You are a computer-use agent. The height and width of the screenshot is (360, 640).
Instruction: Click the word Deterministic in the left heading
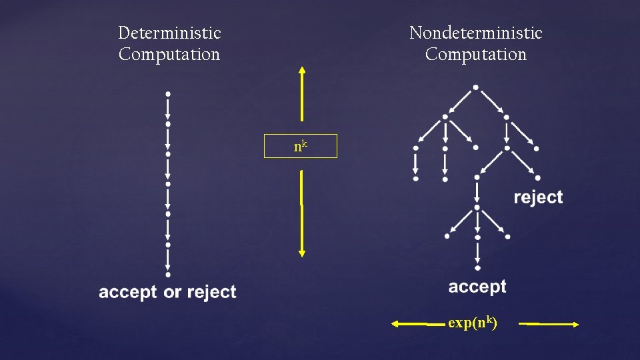tap(169, 33)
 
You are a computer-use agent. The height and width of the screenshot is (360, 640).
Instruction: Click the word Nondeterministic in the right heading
tap(475, 33)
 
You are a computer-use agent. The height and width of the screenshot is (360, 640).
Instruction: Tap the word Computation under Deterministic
tap(169, 55)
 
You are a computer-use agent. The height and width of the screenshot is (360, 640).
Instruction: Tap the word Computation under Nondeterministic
tap(475, 55)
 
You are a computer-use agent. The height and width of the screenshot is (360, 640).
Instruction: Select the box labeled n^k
tap(301, 146)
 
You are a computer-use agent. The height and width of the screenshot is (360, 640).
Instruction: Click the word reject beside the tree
tap(538, 197)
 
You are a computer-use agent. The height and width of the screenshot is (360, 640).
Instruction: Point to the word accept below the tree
tap(477, 287)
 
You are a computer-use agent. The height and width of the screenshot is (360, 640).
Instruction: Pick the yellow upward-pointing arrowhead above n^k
tap(302, 71)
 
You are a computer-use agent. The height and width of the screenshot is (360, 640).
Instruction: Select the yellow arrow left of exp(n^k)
tap(418, 324)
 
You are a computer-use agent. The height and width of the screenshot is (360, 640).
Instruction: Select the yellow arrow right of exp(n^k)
tap(549, 324)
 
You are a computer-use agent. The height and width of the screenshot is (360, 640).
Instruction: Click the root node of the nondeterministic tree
tap(475, 87)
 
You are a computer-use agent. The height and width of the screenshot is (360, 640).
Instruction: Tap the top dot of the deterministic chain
tap(168, 93)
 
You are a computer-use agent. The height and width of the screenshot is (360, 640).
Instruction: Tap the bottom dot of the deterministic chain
tap(168, 274)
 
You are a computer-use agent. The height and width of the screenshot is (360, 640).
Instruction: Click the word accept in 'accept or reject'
tap(128, 292)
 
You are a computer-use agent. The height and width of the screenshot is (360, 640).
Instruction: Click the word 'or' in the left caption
tap(172, 292)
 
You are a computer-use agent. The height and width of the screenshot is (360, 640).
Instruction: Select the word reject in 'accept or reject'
tap(211, 292)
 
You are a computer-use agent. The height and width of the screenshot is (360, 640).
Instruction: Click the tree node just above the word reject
tap(537, 178)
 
